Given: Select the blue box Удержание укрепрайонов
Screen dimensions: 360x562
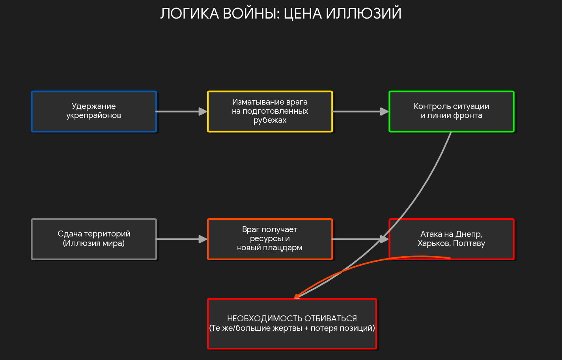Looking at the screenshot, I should pos(94,111).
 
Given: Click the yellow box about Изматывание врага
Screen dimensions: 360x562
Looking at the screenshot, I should pos(270,111).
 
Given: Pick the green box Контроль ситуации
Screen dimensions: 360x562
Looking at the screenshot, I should pos(451,111).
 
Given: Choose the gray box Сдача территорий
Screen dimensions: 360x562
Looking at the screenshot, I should pos(94,239).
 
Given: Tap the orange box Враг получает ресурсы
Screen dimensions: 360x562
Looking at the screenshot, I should pos(270,239).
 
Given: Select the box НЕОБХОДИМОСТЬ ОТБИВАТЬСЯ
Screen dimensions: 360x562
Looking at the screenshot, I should pos(292,324).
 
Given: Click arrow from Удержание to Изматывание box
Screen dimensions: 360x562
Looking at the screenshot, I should pos(181,112).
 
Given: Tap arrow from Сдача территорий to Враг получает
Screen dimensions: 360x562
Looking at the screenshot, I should pos(181,239).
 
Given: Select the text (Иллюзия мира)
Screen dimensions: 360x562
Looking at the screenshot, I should pos(94,243).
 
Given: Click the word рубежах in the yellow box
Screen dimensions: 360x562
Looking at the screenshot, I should pos(270,120).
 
